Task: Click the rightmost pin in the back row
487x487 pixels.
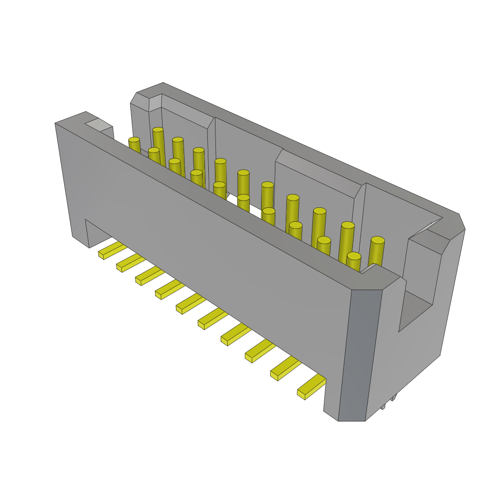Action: pos(376,250)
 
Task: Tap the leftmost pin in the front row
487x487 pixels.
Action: pos(135,145)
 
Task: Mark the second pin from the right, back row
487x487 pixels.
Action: pos(347,240)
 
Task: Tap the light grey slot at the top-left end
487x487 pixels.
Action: pos(98,125)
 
